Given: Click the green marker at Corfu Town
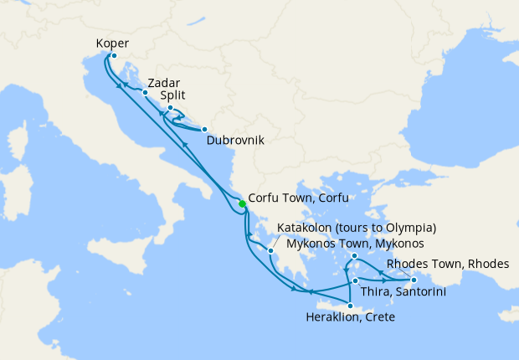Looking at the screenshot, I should [242, 203].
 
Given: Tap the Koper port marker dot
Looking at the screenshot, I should [114, 56].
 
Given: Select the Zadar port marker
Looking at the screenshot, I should [145, 92].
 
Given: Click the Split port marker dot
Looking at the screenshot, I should [170, 108].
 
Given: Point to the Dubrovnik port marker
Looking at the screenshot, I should [203, 129].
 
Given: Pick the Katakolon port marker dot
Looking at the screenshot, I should [271, 250].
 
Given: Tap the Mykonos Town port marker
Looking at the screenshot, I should [355, 256].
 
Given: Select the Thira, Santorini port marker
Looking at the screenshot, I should [356, 280].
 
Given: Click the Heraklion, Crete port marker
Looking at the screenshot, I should [350, 306].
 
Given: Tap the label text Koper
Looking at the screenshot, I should [112, 43].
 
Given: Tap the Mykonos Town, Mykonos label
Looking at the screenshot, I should [355, 244].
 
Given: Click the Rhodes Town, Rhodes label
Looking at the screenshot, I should [448, 264].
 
